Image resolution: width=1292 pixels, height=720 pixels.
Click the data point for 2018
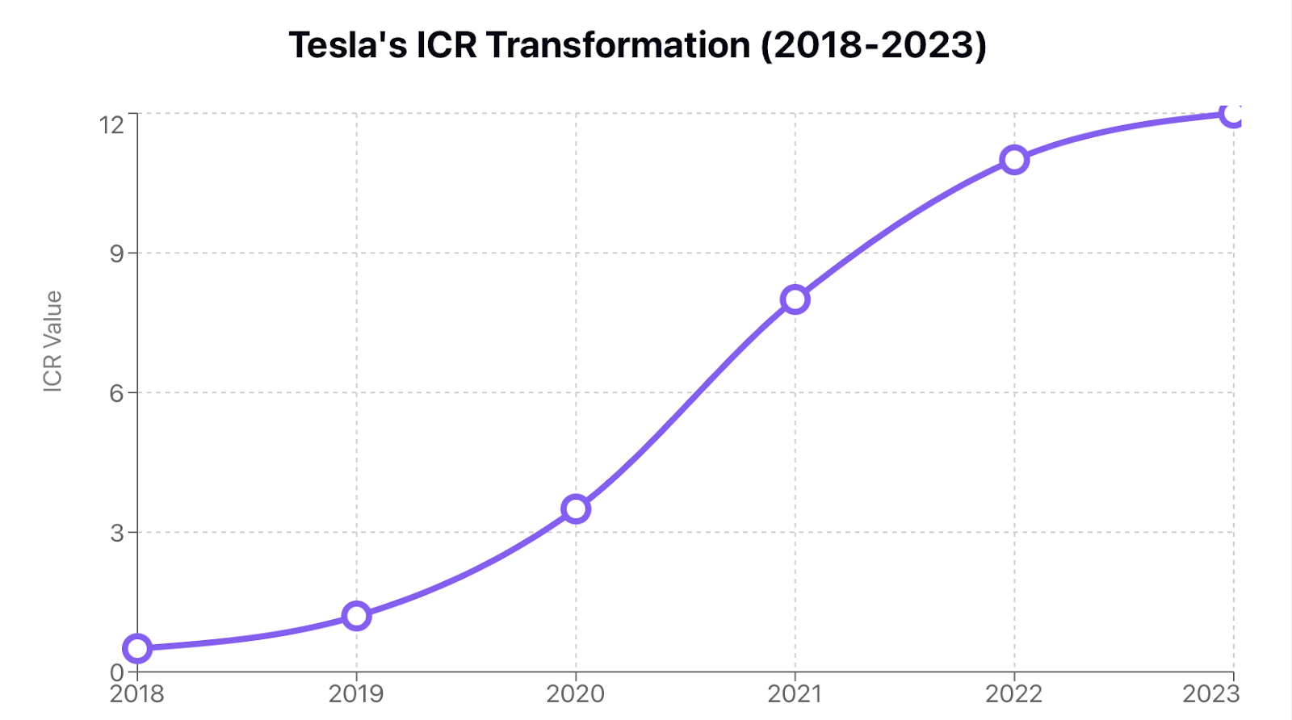pos(137,648)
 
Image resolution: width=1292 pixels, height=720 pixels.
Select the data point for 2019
pos(356,616)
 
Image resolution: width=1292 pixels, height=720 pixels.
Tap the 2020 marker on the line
pos(576,509)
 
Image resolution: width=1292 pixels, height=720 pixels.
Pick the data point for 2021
pos(795,299)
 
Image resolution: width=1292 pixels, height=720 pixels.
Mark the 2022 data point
pos(1014,160)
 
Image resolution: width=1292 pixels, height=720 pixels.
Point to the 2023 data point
pos(1233,114)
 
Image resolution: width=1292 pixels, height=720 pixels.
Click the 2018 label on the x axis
pos(137,694)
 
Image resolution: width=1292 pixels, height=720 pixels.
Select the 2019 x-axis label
pos(356,694)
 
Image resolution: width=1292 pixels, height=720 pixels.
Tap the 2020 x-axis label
pos(576,694)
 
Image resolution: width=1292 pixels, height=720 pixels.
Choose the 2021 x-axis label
pos(795,694)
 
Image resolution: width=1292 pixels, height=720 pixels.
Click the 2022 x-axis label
pos(1014,694)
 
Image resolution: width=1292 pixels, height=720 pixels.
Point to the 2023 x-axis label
pos(1210,694)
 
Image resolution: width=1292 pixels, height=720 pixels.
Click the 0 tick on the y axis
pos(117,672)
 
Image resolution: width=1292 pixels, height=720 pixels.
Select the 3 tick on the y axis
pos(117,533)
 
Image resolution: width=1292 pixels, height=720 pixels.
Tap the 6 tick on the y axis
pos(117,393)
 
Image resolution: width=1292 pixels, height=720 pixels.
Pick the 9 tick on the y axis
pos(117,253)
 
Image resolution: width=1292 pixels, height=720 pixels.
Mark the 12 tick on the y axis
pos(112,124)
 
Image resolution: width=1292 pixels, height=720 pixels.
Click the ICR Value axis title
pos(52,341)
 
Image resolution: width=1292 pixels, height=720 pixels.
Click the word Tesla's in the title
pos(348,45)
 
